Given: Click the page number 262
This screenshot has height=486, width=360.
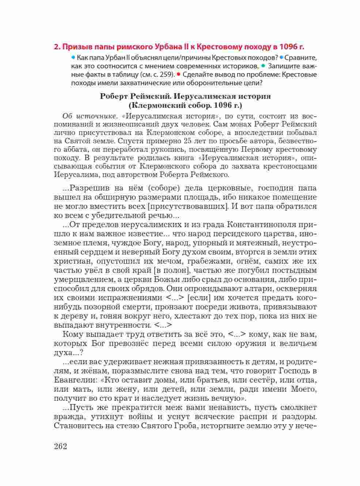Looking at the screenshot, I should [60, 447].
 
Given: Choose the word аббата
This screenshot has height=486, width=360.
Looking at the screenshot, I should [75, 150].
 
